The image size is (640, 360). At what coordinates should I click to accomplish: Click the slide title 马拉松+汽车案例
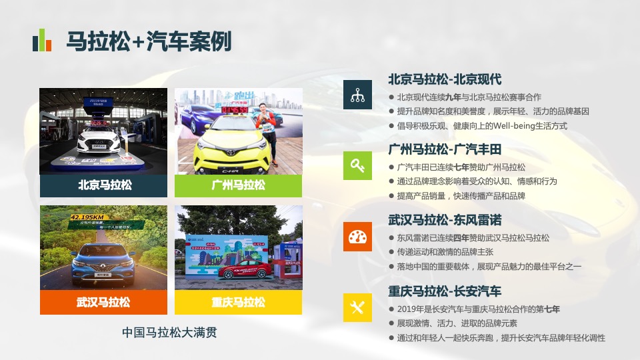pos(149,41)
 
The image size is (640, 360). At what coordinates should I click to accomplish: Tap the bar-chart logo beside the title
pos(42,41)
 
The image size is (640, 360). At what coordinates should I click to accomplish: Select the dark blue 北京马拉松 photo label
pos(104,185)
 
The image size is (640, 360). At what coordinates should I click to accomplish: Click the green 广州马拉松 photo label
pos(238,185)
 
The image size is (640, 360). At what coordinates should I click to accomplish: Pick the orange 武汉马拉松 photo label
pos(104,302)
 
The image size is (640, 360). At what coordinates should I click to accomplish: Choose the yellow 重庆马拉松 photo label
pos(238,302)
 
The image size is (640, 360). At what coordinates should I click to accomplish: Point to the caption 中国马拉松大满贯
pos(170,332)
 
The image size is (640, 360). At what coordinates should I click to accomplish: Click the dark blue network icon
pos(357,94)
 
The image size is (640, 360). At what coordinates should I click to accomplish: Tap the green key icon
pos(357,165)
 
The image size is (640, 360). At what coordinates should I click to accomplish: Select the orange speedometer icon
pos(357,237)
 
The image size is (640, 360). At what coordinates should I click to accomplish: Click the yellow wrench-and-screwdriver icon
pos(357,307)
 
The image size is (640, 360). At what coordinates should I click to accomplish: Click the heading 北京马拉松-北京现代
pos(445,79)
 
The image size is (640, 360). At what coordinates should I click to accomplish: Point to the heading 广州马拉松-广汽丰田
pos(445,149)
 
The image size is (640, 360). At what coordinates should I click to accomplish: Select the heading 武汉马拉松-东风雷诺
pos(445,220)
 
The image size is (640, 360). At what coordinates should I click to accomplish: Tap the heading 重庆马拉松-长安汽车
pos(445,291)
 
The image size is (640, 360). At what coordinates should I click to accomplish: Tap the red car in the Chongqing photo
pos(247,269)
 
